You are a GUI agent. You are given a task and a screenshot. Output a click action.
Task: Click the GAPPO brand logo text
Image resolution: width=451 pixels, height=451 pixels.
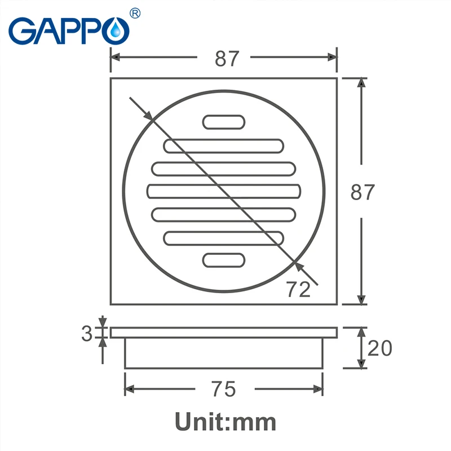(69, 31)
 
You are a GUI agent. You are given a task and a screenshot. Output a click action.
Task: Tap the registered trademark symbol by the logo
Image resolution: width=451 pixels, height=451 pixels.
(135, 13)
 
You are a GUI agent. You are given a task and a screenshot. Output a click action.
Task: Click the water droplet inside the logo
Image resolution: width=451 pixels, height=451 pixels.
(116, 30)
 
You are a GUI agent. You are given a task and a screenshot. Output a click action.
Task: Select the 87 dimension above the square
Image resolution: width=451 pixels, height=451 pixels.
(227, 59)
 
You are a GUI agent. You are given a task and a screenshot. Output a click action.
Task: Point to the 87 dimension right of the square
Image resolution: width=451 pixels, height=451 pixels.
(362, 192)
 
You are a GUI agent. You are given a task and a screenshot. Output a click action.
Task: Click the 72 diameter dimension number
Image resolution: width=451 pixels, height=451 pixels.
(298, 289)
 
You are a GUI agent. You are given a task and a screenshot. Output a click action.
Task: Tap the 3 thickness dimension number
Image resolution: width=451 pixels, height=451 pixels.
(87, 334)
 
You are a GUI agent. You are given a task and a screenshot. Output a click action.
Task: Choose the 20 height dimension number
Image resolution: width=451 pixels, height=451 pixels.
(379, 348)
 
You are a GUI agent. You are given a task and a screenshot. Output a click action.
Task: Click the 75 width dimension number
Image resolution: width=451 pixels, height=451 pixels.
(223, 389)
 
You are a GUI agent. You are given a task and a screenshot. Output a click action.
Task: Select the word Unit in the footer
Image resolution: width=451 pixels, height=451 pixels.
(201, 421)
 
